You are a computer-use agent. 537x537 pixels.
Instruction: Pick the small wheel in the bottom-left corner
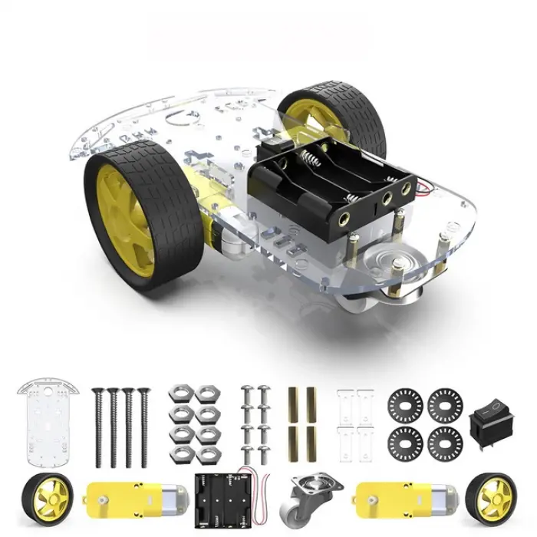[47, 496]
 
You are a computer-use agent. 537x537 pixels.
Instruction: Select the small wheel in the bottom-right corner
[488, 496]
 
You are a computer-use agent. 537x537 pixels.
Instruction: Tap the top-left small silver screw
[247, 393]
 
